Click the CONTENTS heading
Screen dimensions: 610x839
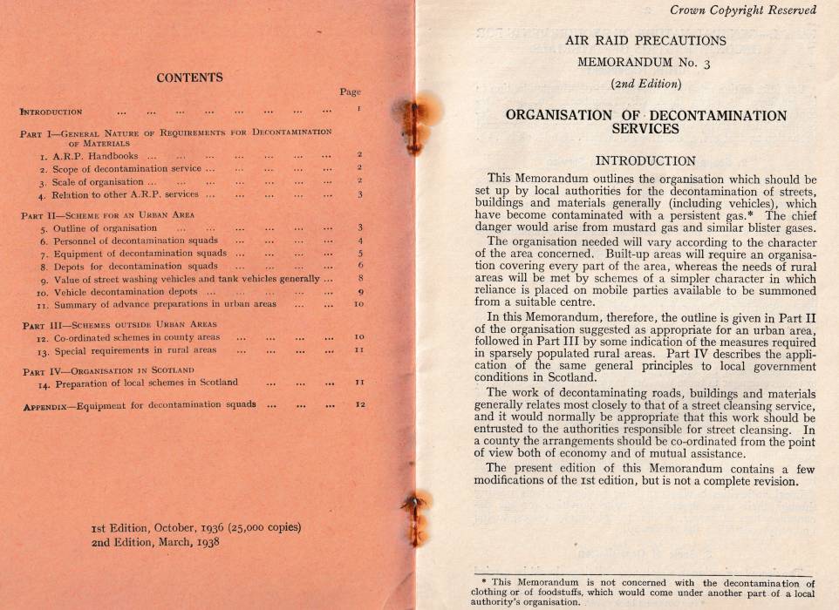coord(189,78)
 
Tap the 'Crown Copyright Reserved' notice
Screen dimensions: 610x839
coord(743,10)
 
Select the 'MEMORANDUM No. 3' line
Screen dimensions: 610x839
coord(645,62)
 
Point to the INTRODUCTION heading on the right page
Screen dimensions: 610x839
coord(645,160)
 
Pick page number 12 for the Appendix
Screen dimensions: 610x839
coord(359,404)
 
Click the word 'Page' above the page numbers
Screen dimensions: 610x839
coord(350,91)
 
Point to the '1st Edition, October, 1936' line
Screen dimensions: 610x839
coord(196,527)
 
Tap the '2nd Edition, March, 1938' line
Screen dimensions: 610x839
coord(155,540)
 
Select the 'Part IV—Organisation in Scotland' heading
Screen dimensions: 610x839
coord(108,370)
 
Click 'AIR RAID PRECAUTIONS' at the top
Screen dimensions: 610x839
coord(645,40)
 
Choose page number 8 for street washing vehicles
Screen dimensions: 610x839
coord(359,279)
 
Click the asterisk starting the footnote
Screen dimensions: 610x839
coord(484,583)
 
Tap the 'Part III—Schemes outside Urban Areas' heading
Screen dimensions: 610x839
coord(119,324)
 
